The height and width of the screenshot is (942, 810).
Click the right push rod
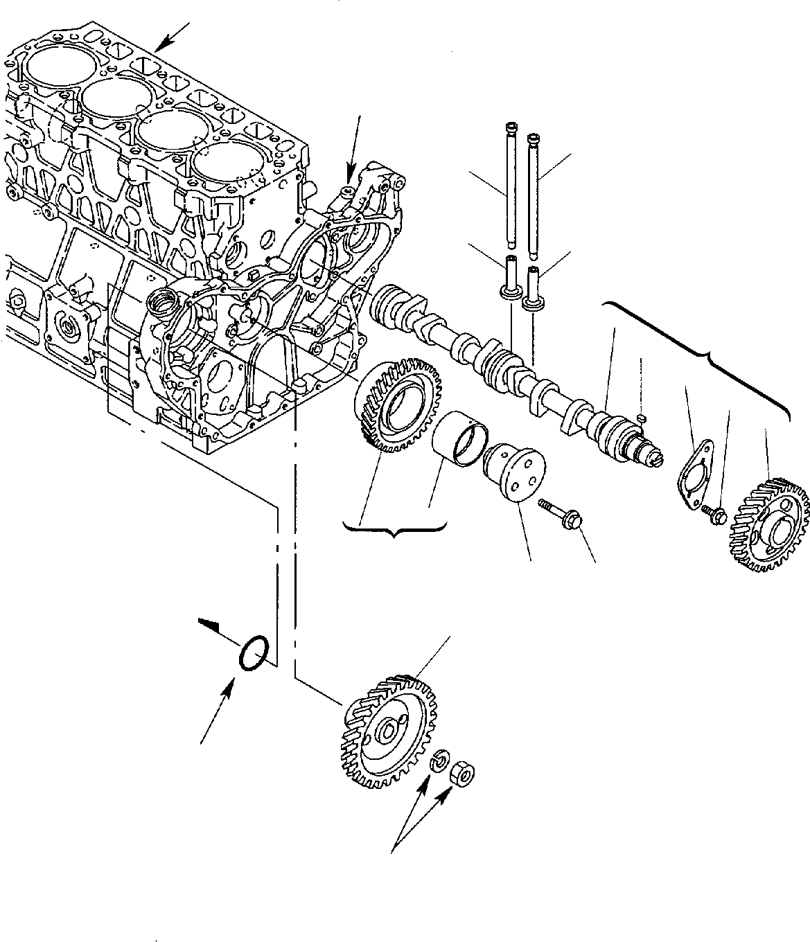534,187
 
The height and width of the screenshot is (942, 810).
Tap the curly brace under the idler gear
394,529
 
